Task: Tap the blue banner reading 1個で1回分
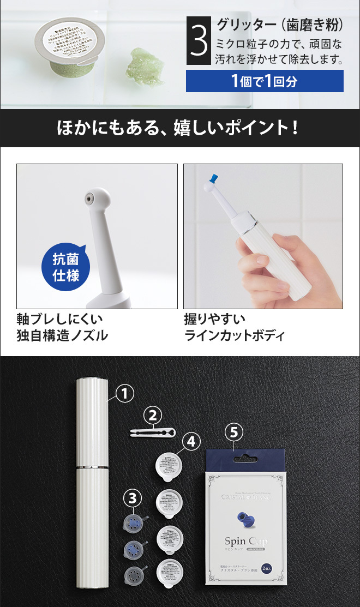coord(265,81)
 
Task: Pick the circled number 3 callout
coord(135,497)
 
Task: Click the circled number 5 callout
coord(233,432)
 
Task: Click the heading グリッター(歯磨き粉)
coord(280,25)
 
